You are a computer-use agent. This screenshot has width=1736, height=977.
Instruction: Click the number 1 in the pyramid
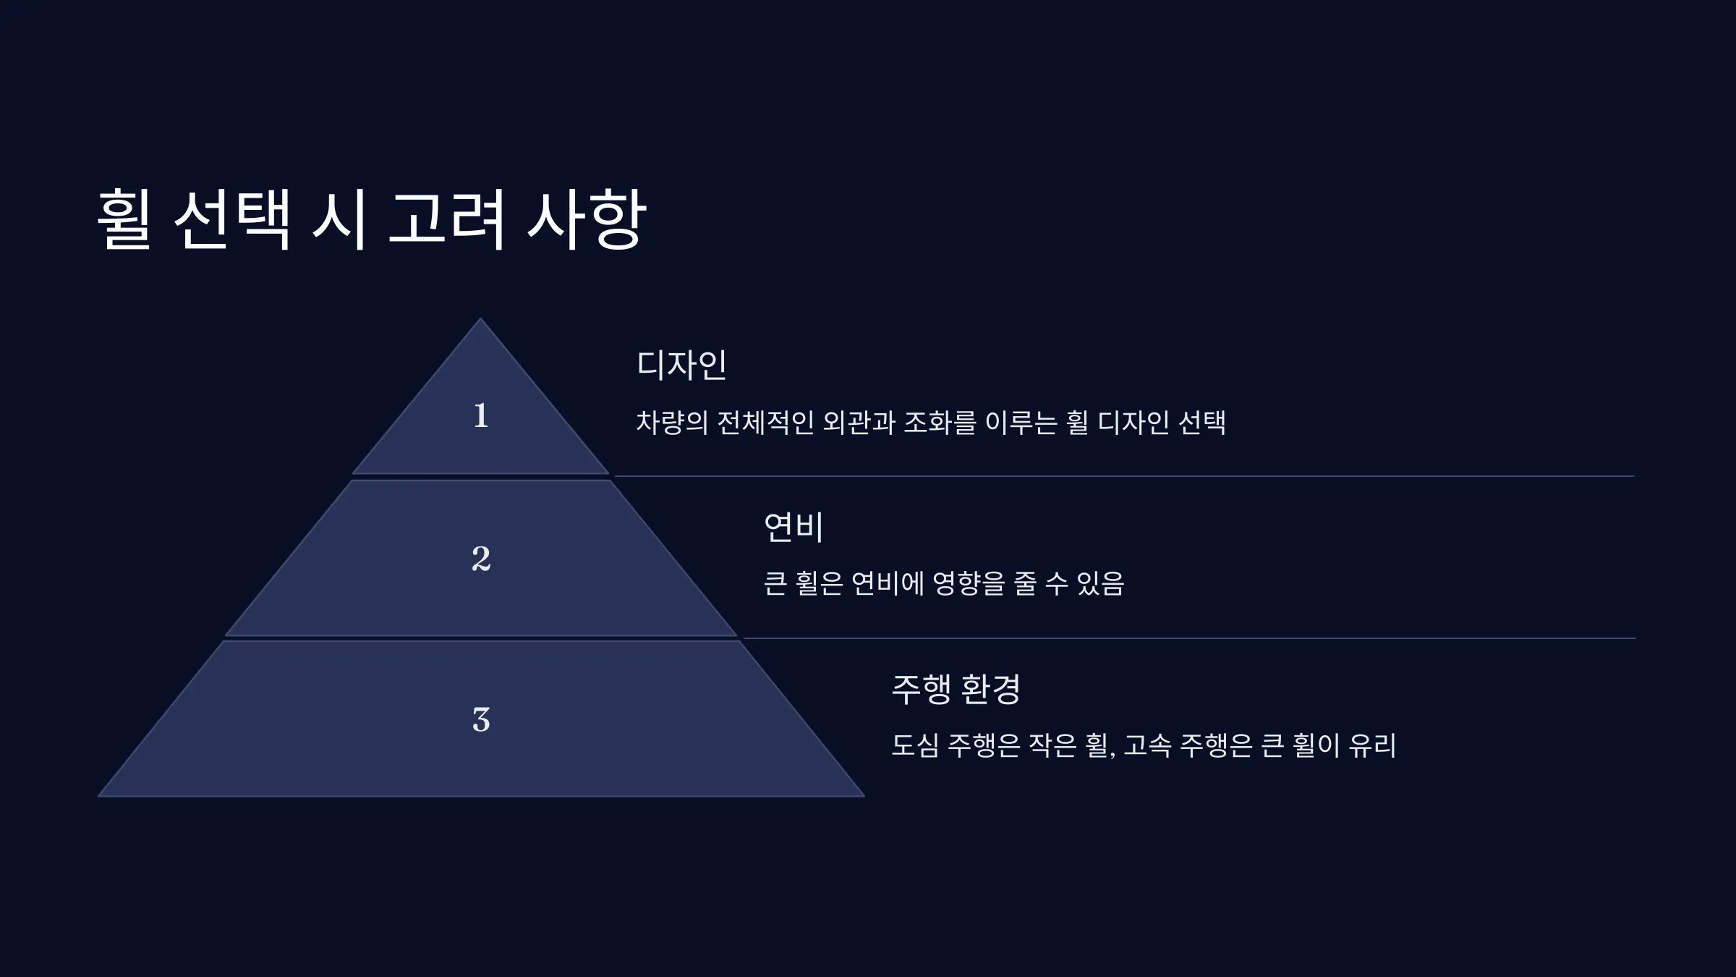tap(481, 416)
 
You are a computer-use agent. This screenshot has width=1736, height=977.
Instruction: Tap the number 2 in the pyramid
tap(481, 559)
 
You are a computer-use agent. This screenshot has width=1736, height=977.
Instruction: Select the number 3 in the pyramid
tap(481, 720)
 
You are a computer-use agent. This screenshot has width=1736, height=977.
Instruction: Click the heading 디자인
tap(681, 365)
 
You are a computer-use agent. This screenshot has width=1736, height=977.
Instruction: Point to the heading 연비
tap(793, 527)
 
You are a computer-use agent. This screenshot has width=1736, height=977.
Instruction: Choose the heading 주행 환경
tap(956, 689)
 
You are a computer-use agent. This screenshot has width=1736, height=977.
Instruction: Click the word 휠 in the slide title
tap(124, 219)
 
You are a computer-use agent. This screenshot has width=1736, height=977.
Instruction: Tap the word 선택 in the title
tap(232, 219)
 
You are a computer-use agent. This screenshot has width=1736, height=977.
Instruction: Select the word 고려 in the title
tap(446, 219)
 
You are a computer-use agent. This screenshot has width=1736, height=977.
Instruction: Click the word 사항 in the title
tap(586, 219)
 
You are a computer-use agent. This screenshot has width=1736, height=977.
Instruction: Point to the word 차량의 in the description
tap(672, 423)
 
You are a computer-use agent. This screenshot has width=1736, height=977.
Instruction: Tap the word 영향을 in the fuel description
tap(969, 583)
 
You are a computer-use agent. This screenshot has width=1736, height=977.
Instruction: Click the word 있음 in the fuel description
tap(1100, 583)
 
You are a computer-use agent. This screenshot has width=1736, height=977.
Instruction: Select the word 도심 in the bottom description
tap(915, 745)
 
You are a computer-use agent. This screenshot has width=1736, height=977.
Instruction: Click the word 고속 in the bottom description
tap(1147, 745)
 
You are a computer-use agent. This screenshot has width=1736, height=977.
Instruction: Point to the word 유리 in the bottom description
tap(1372, 745)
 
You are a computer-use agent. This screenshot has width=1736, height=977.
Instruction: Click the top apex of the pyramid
tap(480, 318)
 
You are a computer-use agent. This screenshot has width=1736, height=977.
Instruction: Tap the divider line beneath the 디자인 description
tap(1124, 476)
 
